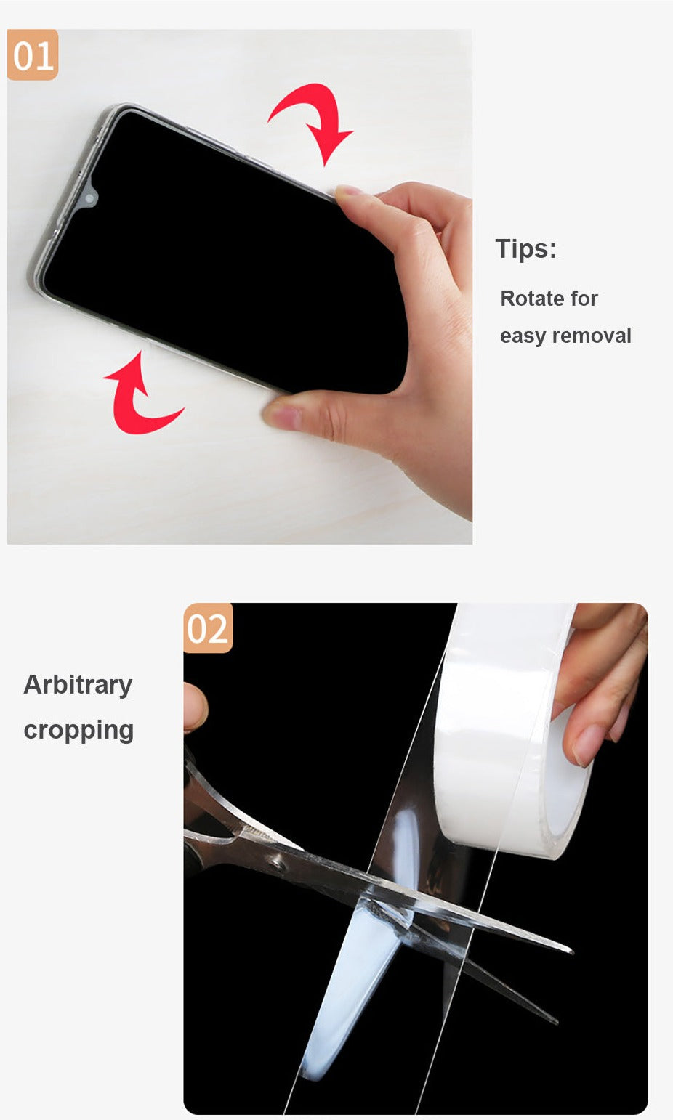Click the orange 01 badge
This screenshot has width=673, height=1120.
click(x=33, y=54)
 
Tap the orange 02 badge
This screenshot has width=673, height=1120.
click(x=208, y=628)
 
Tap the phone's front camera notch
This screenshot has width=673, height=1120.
click(x=89, y=198)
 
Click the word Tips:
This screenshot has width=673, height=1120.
click(x=525, y=248)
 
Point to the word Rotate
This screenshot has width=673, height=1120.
click(x=533, y=299)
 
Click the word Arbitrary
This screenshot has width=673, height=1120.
click(x=78, y=685)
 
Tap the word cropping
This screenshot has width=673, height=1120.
click(x=78, y=731)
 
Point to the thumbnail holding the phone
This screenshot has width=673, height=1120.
click(x=283, y=415)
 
